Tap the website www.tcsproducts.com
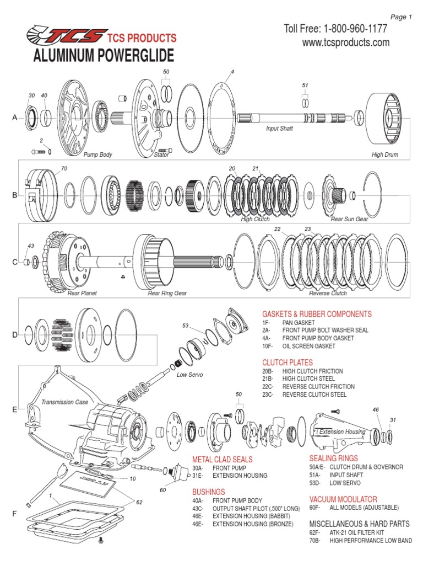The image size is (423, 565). click(346, 42)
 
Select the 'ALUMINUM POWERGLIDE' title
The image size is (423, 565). click(104, 56)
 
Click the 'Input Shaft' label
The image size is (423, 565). click(279, 128)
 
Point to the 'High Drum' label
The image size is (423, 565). click(384, 155)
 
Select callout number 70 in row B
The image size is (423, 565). click(64, 168)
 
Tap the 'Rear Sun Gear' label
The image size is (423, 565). click(348, 219)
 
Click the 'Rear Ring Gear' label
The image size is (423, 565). click(167, 293)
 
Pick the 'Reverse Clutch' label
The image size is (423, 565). click(328, 293)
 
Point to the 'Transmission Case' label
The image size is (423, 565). click(64, 402)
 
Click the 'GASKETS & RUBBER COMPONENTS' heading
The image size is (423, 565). click(317, 314)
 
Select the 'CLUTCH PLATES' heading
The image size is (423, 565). click(288, 362)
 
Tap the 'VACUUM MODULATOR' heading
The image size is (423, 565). click(343, 499)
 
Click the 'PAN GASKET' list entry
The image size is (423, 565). click(299, 322)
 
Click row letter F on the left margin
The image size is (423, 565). click(15, 514)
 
